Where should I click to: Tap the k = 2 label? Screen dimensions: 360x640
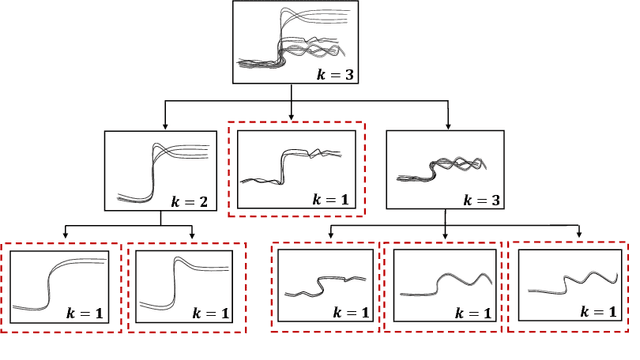(186, 201)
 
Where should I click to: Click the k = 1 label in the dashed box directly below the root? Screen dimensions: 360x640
(326, 201)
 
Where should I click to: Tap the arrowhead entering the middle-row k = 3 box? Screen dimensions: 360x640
(448, 128)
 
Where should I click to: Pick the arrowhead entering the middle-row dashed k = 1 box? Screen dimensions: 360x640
(291, 118)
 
